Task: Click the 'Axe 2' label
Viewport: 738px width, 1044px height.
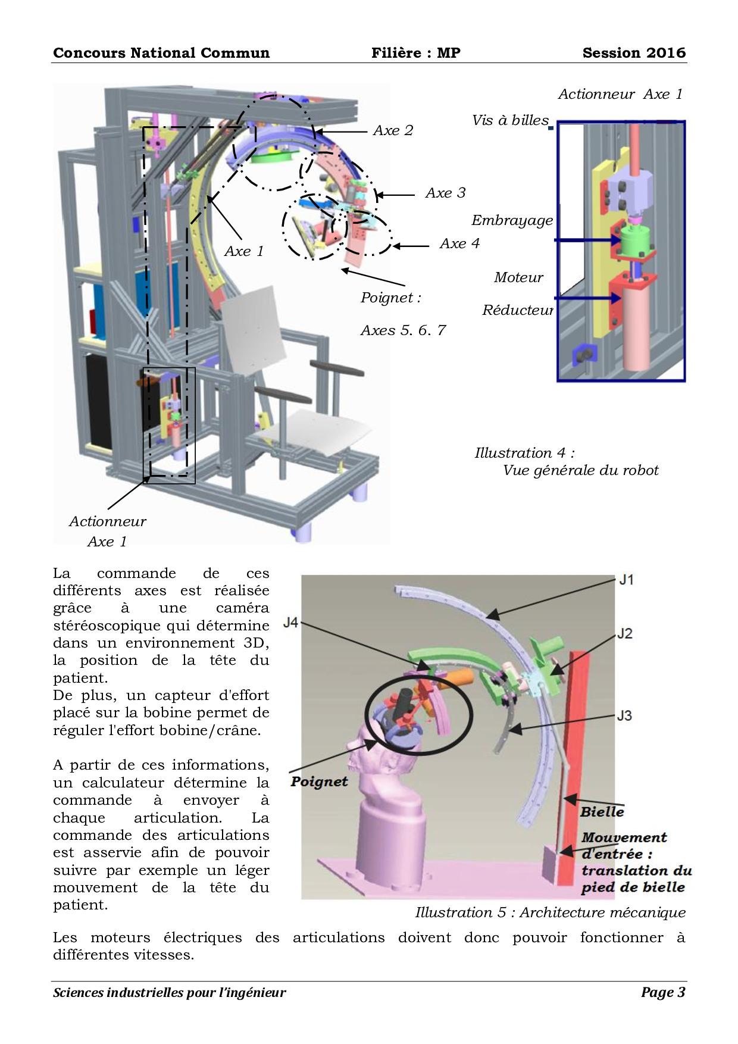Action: tap(393, 130)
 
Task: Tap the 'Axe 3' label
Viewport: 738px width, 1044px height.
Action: tap(445, 193)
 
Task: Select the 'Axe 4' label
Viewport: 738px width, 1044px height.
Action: tap(459, 243)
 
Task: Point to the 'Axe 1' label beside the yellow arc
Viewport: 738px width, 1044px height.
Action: tap(243, 251)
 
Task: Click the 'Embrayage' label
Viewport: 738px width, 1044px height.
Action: tap(512, 220)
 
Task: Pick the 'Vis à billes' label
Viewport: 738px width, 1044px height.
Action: tap(510, 120)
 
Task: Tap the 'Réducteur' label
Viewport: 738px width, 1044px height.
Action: tap(517, 310)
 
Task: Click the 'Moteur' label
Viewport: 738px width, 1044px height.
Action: tap(518, 277)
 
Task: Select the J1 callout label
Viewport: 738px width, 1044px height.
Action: tap(626, 579)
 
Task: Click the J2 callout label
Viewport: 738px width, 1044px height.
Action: tap(624, 633)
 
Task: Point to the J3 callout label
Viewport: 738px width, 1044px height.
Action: tap(624, 715)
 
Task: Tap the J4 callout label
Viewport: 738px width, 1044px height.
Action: tap(290, 623)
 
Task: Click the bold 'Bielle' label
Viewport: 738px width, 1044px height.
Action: tap(602, 812)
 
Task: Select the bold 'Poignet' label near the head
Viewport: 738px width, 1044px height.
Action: tap(319, 782)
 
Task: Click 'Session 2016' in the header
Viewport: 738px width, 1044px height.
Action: tap(634, 53)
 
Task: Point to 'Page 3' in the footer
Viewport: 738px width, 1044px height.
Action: tap(663, 992)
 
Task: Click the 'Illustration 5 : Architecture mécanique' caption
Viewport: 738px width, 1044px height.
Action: tap(550, 912)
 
